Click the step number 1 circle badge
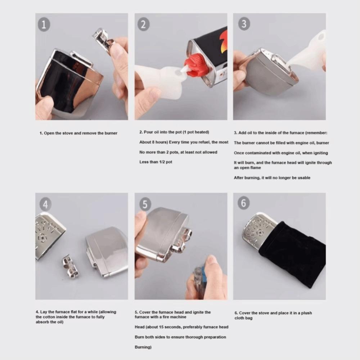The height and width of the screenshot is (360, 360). [44, 25]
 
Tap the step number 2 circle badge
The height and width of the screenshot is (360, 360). [143, 24]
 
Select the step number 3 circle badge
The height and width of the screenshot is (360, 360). [244, 24]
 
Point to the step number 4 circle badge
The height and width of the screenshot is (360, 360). [45, 204]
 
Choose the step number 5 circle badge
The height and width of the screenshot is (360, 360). [145, 204]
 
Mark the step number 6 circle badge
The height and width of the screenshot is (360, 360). [243, 203]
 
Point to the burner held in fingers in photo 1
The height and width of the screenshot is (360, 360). [103, 38]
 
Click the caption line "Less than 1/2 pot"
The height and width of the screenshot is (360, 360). [156, 162]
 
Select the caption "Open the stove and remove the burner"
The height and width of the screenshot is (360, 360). [78, 133]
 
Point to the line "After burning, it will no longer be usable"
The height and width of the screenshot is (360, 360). [272, 177]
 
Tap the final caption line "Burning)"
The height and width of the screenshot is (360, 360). [143, 347]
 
